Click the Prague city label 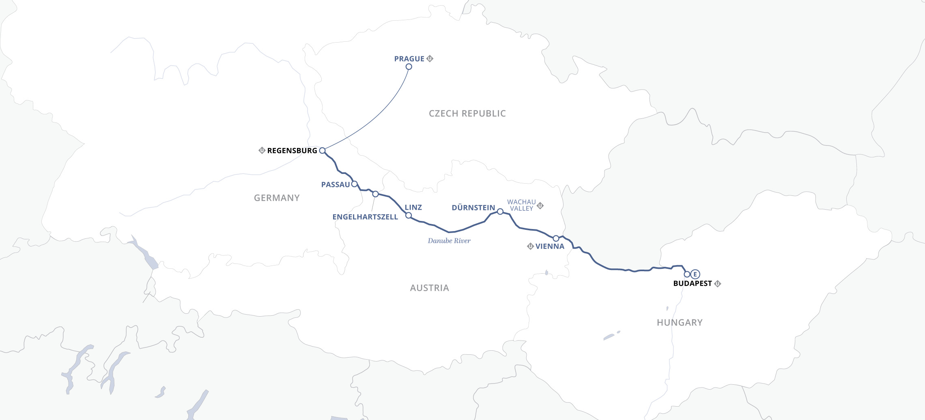[x=409, y=59]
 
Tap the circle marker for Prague [x=409, y=66]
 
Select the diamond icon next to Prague [x=430, y=58]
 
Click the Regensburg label [x=292, y=151]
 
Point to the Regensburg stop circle [x=322, y=150]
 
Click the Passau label [x=335, y=185]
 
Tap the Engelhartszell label [x=365, y=217]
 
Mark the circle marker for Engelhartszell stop [x=375, y=194]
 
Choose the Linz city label [x=413, y=208]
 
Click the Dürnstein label [x=473, y=208]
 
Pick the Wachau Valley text [x=521, y=205]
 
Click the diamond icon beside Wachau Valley [x=540, y=206]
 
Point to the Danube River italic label [x=449, y=241]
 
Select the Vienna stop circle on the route [x=556, y=238]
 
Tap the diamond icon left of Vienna [x=530, y=246]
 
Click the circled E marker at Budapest [x=695, y=274]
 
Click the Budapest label [x=692, y=284]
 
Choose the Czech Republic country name [x=467, y=114]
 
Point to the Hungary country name [x=680, y=323]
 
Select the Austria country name [x=429, y=288]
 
